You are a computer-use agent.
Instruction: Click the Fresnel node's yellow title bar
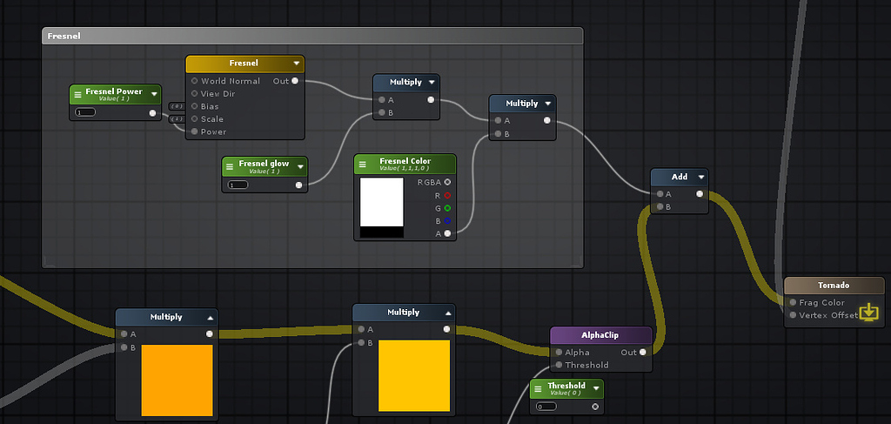(x=244, y=64)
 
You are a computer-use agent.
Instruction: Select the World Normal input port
(x=195, y=81)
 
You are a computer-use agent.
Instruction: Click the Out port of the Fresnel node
(x=296, y=81)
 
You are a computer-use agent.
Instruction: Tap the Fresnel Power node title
(x=114, y=92)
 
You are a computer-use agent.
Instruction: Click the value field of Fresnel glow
(x=238, y=185)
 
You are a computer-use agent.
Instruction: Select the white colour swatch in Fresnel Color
(x=382, y=202)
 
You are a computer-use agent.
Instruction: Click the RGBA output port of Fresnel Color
(x=447, y=182)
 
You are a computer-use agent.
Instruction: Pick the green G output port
(x=447, y=208)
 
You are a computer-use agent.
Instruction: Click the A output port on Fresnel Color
(x=447, y=233)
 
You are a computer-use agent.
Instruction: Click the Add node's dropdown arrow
(x=701, y=177)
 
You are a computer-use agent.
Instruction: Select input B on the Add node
(x=659, y=207)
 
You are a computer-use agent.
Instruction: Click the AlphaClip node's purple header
(x=601, y=335)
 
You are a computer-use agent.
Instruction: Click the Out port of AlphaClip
(x=642, y=353)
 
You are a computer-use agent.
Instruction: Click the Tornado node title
(x=834, y=286)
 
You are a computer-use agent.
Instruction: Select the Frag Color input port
(x=792, y=303)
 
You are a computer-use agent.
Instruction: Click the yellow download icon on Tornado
(x=868, y=313)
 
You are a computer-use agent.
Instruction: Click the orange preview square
(x=177, y=380)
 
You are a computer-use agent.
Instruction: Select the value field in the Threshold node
(x=546, y=407)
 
